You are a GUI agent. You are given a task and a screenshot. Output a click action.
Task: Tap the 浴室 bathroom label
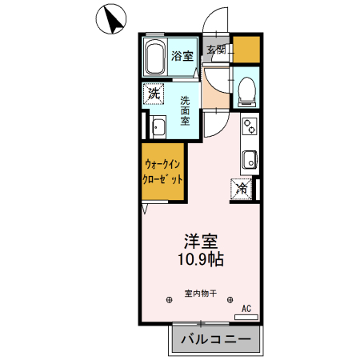point(182,56)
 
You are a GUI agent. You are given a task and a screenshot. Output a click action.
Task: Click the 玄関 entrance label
point(216,50)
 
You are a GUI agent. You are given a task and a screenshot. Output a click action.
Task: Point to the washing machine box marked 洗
point(154,94)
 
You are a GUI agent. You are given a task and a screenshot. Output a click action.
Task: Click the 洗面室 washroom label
point(184,110)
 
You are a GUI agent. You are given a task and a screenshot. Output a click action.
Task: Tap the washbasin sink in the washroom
point(158,127)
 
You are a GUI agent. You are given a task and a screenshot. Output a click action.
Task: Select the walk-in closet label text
point(164,170)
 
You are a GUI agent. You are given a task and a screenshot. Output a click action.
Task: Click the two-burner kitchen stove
point(250,126)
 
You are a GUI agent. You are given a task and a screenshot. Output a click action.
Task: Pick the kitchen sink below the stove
point(249,158)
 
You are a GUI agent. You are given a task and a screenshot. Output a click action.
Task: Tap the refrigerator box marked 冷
point(242,189)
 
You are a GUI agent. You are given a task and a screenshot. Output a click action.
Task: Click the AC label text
point(246,307)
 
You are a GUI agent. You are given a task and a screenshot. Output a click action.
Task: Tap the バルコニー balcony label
point(214,338)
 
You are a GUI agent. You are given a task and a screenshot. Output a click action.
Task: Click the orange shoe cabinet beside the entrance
point(246,50)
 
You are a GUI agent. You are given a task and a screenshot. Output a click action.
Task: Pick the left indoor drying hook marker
point(169,301)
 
